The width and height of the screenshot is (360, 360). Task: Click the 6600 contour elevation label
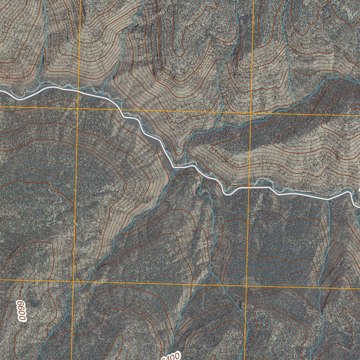coord(22,310)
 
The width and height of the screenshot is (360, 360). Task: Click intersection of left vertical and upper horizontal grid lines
coord(78,108)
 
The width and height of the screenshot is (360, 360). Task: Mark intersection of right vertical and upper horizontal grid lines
coord(250,114)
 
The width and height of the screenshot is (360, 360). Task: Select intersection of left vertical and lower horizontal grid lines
coord(73,281)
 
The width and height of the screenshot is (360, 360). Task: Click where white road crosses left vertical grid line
coord(78,91)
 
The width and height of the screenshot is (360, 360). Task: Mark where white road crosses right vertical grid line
coord(249,188)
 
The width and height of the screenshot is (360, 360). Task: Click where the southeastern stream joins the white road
coord(329,199)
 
